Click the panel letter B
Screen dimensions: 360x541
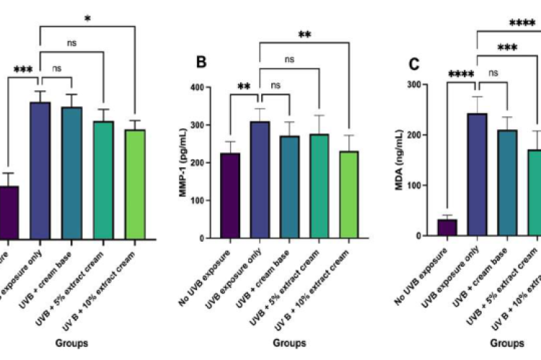point(202,62)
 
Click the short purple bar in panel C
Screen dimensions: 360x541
point(447,227)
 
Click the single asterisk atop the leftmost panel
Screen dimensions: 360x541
point(87,17)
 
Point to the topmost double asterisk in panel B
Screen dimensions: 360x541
point(304,35)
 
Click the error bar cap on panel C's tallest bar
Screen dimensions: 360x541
point(477,97)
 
